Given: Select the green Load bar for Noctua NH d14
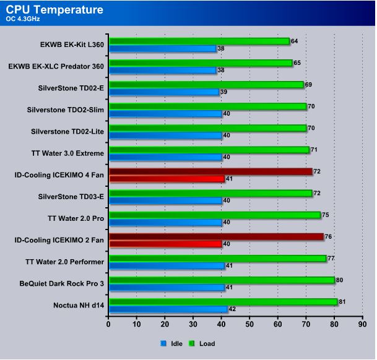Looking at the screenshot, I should (x=223, y=302).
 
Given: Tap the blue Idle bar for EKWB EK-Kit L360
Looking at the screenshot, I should (x=162, y=48).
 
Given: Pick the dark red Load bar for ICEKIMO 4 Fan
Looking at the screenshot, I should (x=210, y=171).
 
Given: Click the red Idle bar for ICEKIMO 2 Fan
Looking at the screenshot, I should (x=165, y=244).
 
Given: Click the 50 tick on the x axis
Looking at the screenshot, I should (x=249, y=323).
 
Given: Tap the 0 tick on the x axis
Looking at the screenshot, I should (x=108, y=323).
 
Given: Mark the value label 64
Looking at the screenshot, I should (x=295, y=41).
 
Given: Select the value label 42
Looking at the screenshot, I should (x=233, y=309).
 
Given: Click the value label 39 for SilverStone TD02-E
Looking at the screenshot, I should (x=224, y=92).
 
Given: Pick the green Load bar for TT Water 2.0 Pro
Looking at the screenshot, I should (x=214, y=215).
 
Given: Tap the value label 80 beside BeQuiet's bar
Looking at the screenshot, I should (x=340, y=280).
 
